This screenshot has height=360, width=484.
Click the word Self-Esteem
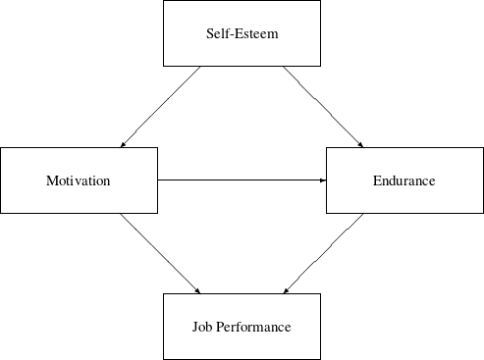tap(242, 34)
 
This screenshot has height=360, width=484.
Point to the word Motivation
tap(79, 180)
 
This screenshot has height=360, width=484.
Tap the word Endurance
tap(403, 180)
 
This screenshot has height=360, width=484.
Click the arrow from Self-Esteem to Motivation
tap(161, 107)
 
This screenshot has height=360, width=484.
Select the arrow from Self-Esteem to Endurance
tap(323, 107)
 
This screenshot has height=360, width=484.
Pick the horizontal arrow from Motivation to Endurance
tap(241, 180)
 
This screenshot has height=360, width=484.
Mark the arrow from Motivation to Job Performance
tap(161, 253)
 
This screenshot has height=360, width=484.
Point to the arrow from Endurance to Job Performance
tap(323, 253)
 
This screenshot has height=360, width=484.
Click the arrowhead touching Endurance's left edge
tap(322, 180)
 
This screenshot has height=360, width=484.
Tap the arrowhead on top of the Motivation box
tap(122, 145)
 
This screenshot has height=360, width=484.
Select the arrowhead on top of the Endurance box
tap(361, 145)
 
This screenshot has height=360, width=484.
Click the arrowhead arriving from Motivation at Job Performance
tap(199, 291)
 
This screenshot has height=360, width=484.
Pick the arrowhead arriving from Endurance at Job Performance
tap(285, 291)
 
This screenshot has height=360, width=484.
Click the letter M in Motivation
tap(51, 180)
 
